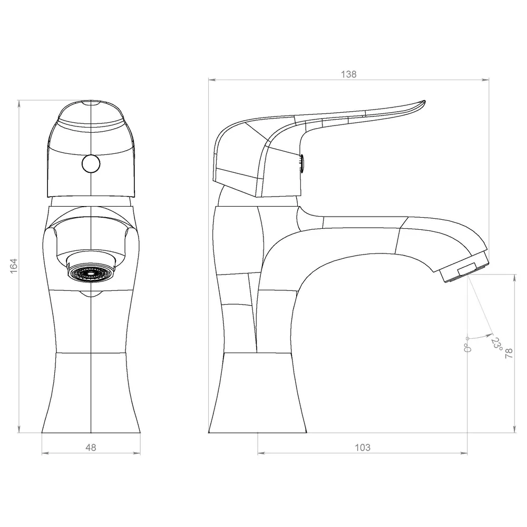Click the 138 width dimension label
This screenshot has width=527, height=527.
tap(348, 74)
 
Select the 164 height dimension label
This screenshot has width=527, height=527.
tap(14, 266)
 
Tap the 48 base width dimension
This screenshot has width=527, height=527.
tap(91, 447)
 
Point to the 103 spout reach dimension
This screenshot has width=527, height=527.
tap(363, 447)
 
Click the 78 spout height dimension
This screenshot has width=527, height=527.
tap(509, 353)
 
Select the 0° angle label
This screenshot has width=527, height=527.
tap(467, 347)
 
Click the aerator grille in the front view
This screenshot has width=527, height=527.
tap(91, 273)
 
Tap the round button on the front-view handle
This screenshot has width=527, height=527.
tap(91, 164)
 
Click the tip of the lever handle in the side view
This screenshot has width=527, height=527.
tap(424, 101)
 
